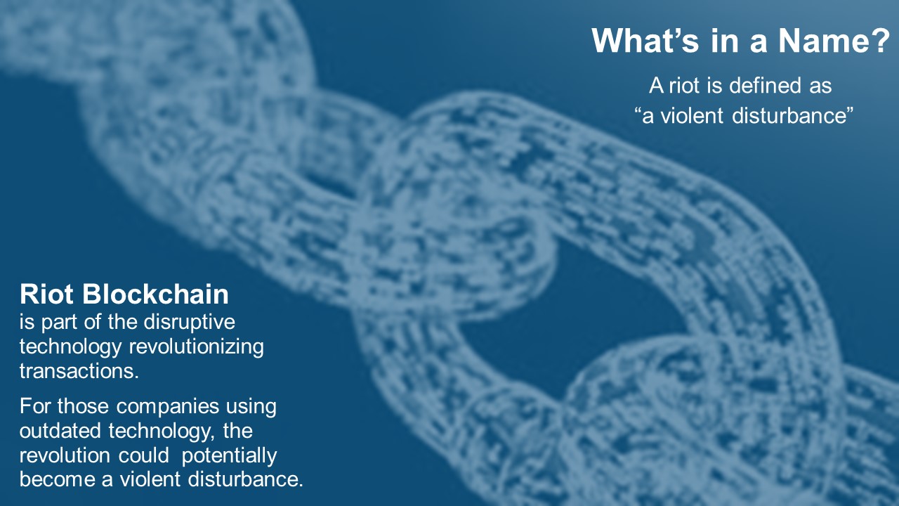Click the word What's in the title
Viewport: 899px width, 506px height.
point(645,41)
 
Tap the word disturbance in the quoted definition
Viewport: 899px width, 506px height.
point(788,116)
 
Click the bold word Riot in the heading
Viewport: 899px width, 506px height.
point(46,294)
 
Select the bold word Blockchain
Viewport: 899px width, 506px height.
point(156,294)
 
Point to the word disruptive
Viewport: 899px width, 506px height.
point(190,323)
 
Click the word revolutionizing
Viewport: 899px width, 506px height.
point(196,347)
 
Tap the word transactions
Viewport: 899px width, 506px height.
point(79,371)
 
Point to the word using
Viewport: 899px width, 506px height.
point(251,407)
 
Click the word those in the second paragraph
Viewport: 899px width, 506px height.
point(83,406)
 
